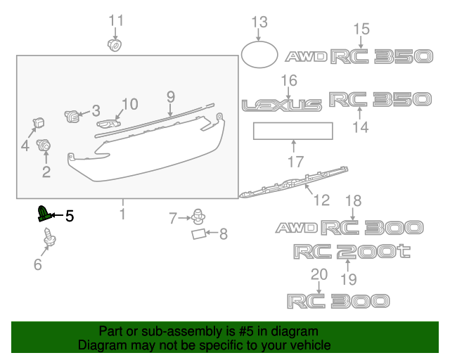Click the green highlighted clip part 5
[x=45, y=213]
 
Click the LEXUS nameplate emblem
[x=282, y=105]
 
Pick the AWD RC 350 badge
[x=358, y=56]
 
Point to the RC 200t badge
[x=351, y=251]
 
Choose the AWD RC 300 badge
[x=349, y=227]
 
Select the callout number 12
[x=321, y=200]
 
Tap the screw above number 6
[x=49, y=239]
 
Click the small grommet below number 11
[x=112, y=46]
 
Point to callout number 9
[x=170, y=96]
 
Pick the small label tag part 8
[x=200, y=233]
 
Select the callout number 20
[x=319, y=274]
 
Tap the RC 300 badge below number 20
[x=337, y=301]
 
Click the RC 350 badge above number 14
[x=379, y=99]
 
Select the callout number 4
[x=25, y=146]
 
